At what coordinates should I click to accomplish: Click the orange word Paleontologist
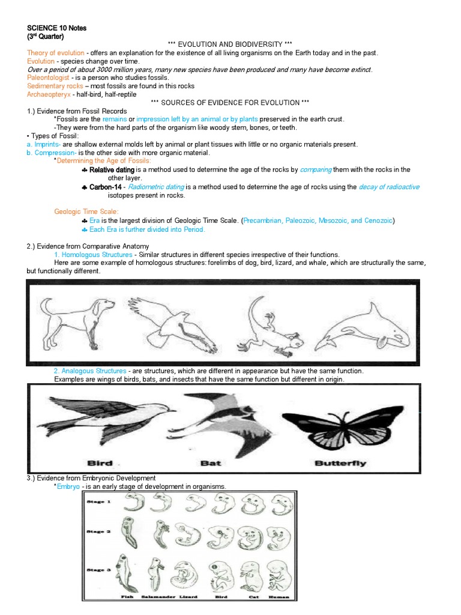pos(48,77)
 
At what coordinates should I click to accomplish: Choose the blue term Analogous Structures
pos(90,371)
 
